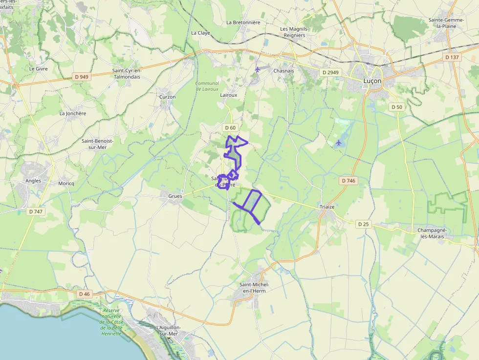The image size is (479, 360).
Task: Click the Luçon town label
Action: [372, 82]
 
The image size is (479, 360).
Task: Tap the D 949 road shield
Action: [82, 77]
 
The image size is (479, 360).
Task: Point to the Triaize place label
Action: [327, 207]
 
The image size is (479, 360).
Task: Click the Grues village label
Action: [175, 196]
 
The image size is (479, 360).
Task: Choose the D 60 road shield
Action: [230, 127]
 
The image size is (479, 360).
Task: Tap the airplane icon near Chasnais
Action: [258, 69]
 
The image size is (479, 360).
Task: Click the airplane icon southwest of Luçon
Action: [339, 143]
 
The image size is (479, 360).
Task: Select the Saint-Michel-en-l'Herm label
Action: [254, 288]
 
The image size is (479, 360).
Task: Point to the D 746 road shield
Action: [348, 181]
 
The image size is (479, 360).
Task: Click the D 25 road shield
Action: [363, 224]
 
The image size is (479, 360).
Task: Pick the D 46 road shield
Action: [85, 294]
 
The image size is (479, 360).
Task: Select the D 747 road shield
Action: [36, 212]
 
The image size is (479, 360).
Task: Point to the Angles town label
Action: [33, 181]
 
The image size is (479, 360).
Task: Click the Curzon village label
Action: [167, 97]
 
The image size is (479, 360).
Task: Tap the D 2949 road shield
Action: [330, 72]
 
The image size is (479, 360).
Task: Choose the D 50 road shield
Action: [396, 107]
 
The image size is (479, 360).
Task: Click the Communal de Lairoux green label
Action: [207, 86]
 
